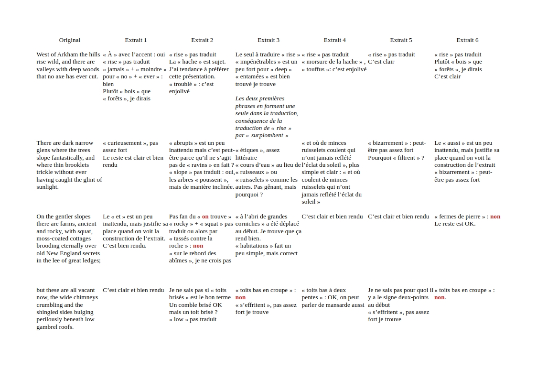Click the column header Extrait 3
point(268,40)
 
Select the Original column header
point(70,40)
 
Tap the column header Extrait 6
point(467,40)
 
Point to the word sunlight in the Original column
point(47,187)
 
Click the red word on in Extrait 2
point(205,217)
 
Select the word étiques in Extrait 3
point(250,150)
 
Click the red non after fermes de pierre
point(495,217)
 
